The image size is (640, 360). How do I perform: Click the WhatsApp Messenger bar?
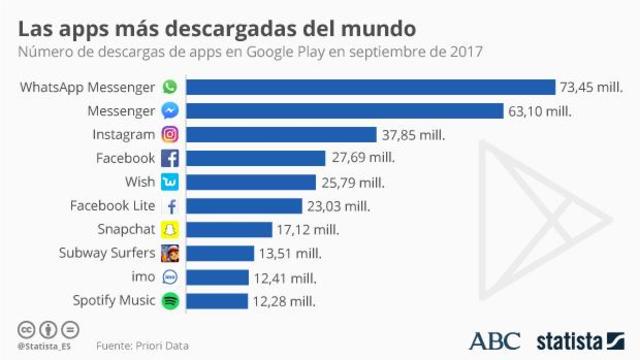[x=370, y=87]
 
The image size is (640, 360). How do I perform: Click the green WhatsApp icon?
[x=170, y=87]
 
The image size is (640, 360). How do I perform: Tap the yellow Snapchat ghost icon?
[x=170, y=229]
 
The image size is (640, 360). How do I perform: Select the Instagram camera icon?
[x=170, y=134]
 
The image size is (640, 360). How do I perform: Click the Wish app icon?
[x=170, y=182]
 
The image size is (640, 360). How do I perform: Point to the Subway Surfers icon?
[x=170, y=253]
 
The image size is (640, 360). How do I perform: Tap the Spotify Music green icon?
[x=170, y=300]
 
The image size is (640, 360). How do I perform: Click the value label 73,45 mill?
[x=593, y=88]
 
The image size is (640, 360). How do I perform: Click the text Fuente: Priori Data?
[x=142, y=345]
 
